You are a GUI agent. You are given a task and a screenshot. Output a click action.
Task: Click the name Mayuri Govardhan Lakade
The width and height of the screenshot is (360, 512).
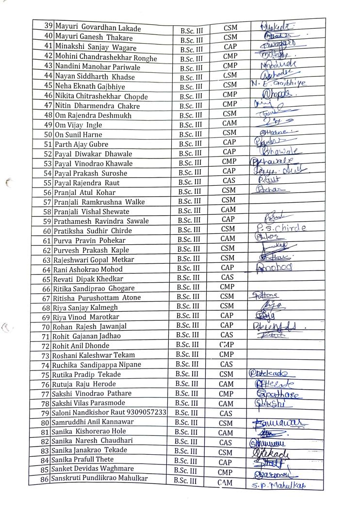click(x=98, y=28)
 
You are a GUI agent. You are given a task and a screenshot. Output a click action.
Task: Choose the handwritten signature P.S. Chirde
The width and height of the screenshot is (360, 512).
click(x=279, y=228)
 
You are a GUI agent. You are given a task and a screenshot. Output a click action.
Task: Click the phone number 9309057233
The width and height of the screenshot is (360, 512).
click(x=146, y=413)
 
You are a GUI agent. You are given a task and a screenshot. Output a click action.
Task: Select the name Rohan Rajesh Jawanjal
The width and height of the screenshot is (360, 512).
click(x=87, y=326)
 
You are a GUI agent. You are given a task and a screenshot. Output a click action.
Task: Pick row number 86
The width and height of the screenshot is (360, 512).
click(x=46, y=480)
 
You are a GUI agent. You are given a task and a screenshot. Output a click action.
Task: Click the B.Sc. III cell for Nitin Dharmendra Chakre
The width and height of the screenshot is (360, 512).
click(x=191, y=106)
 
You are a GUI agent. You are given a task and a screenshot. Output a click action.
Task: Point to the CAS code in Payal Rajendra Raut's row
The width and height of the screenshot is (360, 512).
click(x=229, y=181)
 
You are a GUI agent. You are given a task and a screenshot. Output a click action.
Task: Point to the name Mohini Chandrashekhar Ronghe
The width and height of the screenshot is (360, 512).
click(x=105, y=58)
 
